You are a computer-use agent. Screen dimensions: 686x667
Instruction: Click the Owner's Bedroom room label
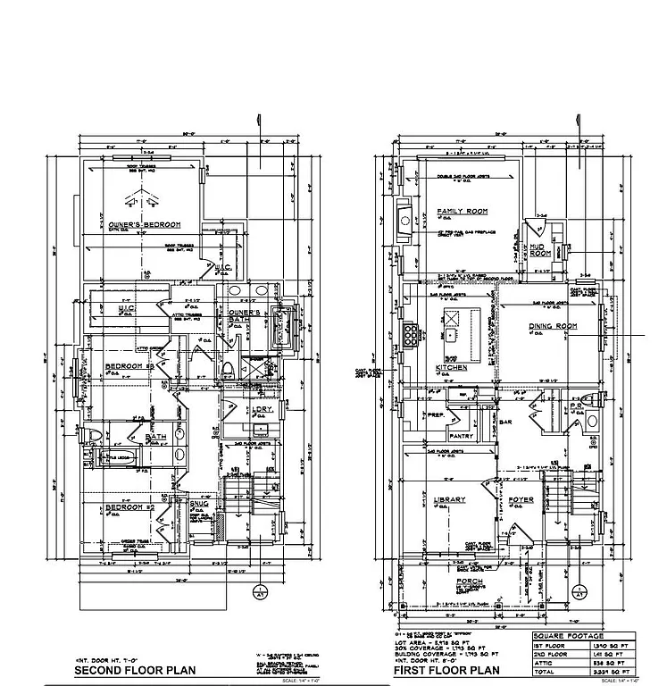(x=145, y=225)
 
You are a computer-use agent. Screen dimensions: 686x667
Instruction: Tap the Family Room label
(x=462, y=212)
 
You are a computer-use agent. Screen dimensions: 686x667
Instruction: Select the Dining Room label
(x=552, y=327)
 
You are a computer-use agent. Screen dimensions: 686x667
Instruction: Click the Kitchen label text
(x=451, y=368)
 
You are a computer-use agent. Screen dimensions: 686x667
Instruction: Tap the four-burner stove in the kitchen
(x=412, y=333)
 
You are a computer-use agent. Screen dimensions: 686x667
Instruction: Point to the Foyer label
(x=521, y=500)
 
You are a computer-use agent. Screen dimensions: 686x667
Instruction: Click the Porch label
(x=470, y=581)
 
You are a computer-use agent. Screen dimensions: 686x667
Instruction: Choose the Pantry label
(x=462, y=436)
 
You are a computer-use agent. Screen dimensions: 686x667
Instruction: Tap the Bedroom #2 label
(x=131, y=508)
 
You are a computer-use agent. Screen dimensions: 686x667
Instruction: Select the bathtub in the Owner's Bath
(x=287, y=334)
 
